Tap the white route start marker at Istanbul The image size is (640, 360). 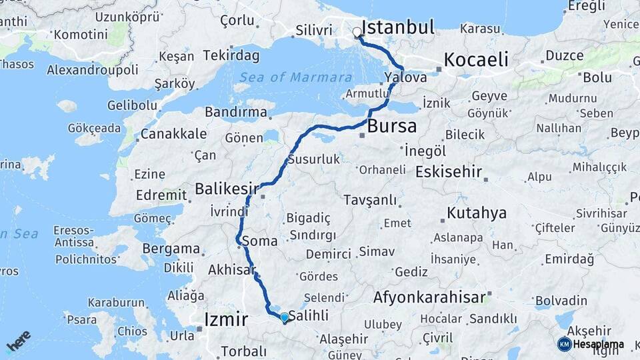[x=357, y=32]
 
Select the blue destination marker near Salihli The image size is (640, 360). [x=284, y=317]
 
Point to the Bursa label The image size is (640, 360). [x=392, y=125]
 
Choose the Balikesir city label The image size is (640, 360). [x=226, y=189]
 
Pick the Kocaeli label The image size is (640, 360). [x=476, y=59]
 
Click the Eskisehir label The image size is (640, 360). [x=448, y=172]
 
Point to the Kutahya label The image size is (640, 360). [x=477, y=213]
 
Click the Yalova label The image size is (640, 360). [x=405, y=78]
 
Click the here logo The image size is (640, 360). [x=18, y=341]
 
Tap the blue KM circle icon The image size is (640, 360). [x=564, y=344]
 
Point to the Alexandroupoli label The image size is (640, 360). [x=93, y=69]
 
